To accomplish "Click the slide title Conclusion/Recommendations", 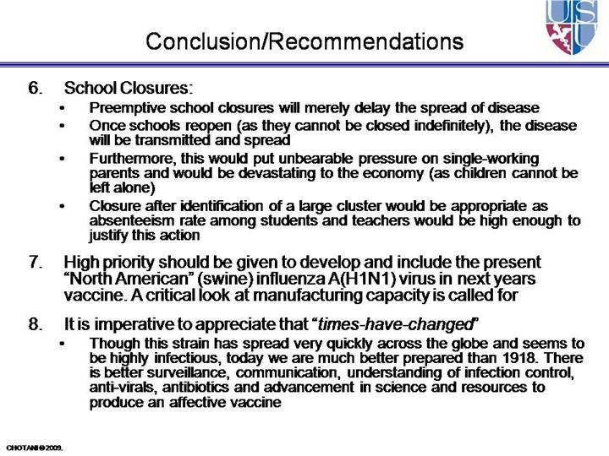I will (304, 41).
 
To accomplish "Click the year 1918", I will (506, 358).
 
